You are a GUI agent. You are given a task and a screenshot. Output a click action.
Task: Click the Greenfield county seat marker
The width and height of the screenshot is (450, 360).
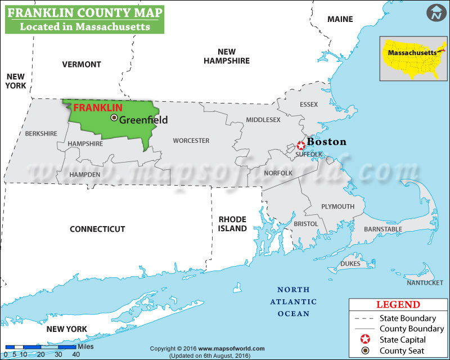tap(114, 118)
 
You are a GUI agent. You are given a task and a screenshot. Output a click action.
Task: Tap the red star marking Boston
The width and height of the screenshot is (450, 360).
tap(301, 145)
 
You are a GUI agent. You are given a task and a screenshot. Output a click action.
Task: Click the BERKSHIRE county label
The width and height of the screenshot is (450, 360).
tap(41, 133)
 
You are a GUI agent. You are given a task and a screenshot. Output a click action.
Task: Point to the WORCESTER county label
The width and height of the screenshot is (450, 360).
tap(191, 141)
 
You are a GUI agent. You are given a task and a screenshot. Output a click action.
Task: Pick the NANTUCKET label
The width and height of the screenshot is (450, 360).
tap(425, 282)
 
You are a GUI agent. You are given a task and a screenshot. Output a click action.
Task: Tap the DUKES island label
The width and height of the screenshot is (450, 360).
tap(350, 263)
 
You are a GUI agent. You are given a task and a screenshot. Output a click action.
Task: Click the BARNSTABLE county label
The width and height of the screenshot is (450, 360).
tap(383, 229)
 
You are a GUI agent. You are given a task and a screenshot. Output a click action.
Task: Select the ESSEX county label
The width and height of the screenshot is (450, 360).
tap(309, 105)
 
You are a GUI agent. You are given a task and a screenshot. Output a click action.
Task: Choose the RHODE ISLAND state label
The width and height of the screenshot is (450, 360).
tap(232, 224)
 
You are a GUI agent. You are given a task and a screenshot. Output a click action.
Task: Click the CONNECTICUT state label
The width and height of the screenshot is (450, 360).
tap(97, 229)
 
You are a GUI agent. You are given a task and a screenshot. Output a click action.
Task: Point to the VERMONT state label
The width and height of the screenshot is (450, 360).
tap(82, 64)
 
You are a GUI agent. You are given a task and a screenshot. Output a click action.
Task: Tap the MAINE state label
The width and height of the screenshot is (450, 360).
tap(340, 19)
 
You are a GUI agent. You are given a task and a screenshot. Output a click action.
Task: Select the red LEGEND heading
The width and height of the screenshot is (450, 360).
tap(398, 305)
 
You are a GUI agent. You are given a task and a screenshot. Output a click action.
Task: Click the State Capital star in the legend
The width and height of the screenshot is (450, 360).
tap(365, 340)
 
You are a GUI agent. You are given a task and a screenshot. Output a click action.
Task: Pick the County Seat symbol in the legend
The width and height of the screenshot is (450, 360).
tap(365, 351)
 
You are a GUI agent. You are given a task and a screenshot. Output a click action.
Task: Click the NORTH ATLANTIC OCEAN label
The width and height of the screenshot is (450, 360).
tap(293, 301)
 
